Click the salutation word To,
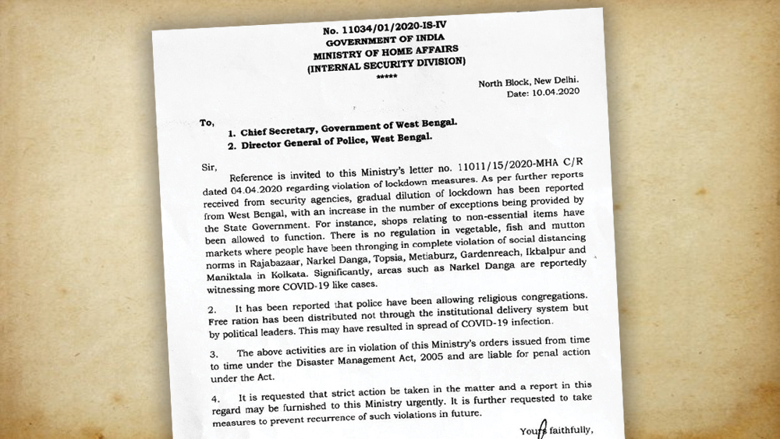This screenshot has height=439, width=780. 207,122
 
